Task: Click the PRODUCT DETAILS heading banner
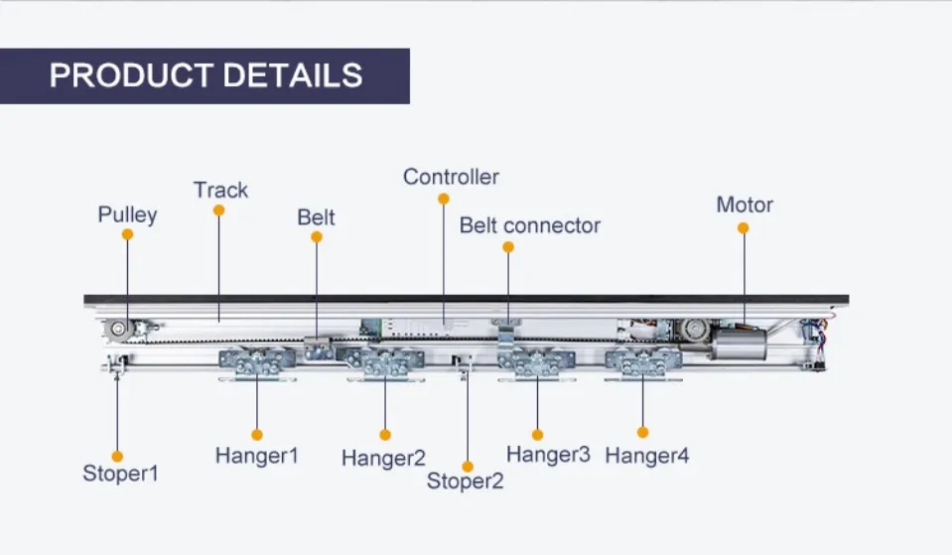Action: pyautogui.click(x=205, y=75)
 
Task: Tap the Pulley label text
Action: pyautogui.click(x=127, y=214)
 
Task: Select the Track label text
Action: pyautogui.click(x=220, y=190)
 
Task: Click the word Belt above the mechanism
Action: pyautogui.click(x=317, y=217)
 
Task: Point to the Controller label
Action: pyautogui.click(x=451, y=177)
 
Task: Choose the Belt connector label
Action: pyautogui.click(x=529, y=225)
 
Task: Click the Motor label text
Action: pyautogui.click(x=745, y=205)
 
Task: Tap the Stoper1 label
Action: pyautogui.click(x=120, y=474)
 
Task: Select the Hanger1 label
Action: pyautogui.click(x=256, y=456)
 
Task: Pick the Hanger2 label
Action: pyautogui.click(x=383, y=458)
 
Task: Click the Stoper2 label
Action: pyautogui.click(x=465, y=482)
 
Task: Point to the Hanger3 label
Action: pyautogui.click(x=548, y=455)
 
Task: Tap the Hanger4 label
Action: pyautogui.click(x=646, y=456)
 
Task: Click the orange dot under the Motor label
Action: pyautogui.click(x=743, y=228)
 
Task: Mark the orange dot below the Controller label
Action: pyautogui.click(x=444, y=199)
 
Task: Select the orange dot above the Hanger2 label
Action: pyautogui.click(x=385, y=435)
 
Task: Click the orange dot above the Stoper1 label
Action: pyautogui.click(x=117, y=456)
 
